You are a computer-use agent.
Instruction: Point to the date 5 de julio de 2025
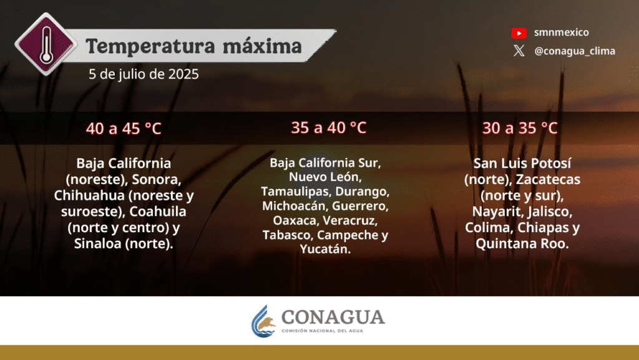click(144, 74)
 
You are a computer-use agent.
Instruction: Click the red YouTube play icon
click(519, 33)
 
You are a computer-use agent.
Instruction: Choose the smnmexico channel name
click(561, 32)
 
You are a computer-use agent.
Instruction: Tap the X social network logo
click(519, 51)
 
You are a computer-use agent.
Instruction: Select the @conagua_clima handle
click(575, 51)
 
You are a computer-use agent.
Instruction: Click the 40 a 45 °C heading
click(124, 129)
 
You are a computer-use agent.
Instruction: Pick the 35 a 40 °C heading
click(328, 128)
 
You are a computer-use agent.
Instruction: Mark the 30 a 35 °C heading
click(520, 129)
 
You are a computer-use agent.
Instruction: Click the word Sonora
click(157, 179)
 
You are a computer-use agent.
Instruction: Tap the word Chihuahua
click(90, 195)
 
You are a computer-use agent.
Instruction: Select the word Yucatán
click(325, 249)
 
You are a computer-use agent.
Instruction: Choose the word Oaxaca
click(296, 220)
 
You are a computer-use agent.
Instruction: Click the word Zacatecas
click(548, 179)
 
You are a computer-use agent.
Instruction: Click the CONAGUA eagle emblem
click(263, 321)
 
